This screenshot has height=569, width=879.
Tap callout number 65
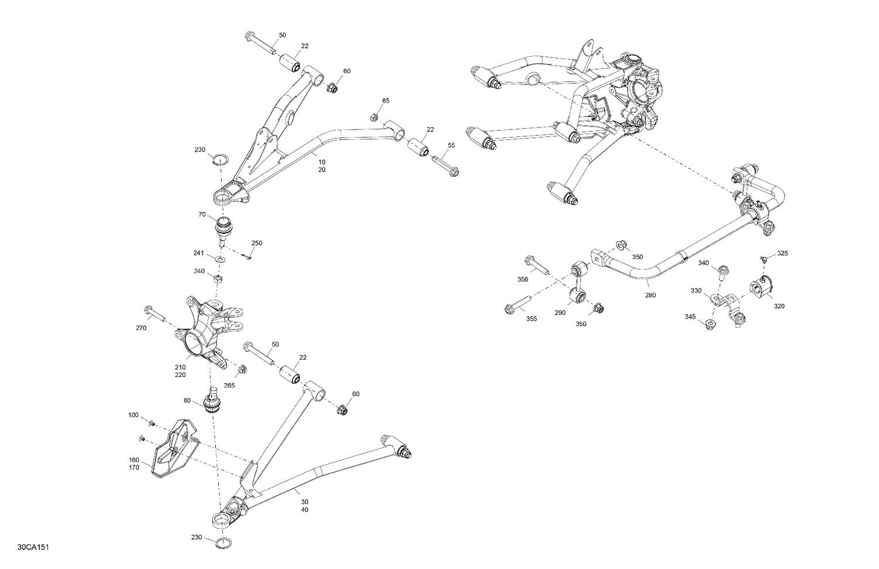pos(386,101)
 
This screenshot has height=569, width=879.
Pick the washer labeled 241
pos(220,259)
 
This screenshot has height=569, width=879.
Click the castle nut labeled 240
pos(217,278)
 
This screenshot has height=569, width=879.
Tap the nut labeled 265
pos(241,369)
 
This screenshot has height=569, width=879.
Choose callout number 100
pos(134,415)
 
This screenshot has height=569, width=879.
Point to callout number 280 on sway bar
pos(650,296)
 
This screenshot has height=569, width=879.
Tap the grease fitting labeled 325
pos(763,258)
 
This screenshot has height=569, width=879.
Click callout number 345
pos(690,317)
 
